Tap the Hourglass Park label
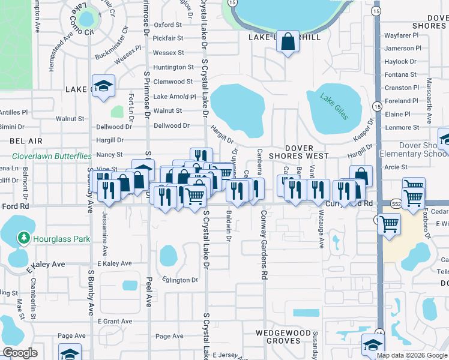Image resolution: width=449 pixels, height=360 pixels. pos(61,239)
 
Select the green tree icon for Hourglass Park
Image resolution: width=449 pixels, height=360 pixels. pos(24,238)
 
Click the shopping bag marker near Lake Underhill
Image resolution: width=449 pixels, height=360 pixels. pos(288,42)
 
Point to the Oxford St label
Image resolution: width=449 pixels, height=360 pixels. pos(167,25)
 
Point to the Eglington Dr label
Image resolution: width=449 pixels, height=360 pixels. pos(180,280)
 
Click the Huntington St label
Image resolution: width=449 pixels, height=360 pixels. pos(173,68)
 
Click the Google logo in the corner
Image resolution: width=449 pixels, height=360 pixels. pos(20,353)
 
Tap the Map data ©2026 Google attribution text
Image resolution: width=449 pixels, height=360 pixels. pos(412,355)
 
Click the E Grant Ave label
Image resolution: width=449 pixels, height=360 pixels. pos(115,322)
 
